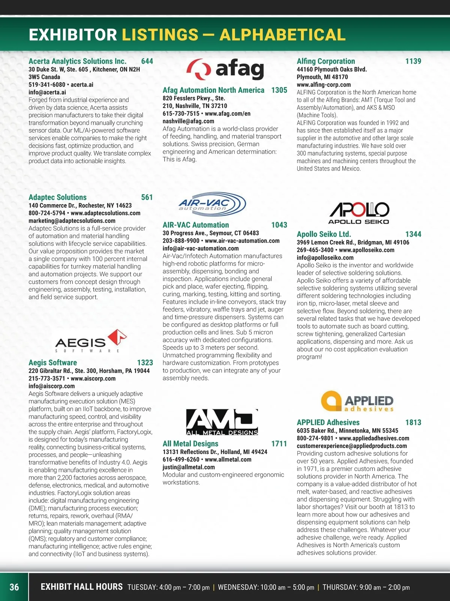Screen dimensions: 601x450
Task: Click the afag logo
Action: [225, 69]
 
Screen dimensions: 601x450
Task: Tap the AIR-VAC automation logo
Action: [212, 205]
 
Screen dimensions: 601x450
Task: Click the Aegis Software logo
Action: [91, 341]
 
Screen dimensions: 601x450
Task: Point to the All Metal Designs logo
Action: [222, 422]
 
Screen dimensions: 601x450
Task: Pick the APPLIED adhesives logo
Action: [357, 402]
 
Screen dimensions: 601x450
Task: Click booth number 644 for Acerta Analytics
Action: [147, 61]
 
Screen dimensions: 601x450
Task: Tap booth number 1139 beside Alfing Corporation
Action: [413, 61]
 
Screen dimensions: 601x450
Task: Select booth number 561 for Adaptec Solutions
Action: [147, 197]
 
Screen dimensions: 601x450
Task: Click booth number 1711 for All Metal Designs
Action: [279, 444]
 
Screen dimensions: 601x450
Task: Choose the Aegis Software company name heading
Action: [53, 363]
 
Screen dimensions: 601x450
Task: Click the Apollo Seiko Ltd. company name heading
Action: [324, 234]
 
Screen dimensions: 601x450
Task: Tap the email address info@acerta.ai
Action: [47, 92]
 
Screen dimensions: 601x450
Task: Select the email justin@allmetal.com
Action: [189, 467]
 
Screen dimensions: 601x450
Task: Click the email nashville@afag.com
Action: [188, 121]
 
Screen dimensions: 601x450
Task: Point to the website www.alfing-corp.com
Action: [324, 85]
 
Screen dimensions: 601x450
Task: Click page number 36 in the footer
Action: [14, 587]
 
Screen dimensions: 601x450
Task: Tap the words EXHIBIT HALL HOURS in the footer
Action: [81, 587]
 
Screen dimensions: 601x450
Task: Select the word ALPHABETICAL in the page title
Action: [282, 35]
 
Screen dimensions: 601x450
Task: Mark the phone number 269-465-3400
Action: [315, 250]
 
